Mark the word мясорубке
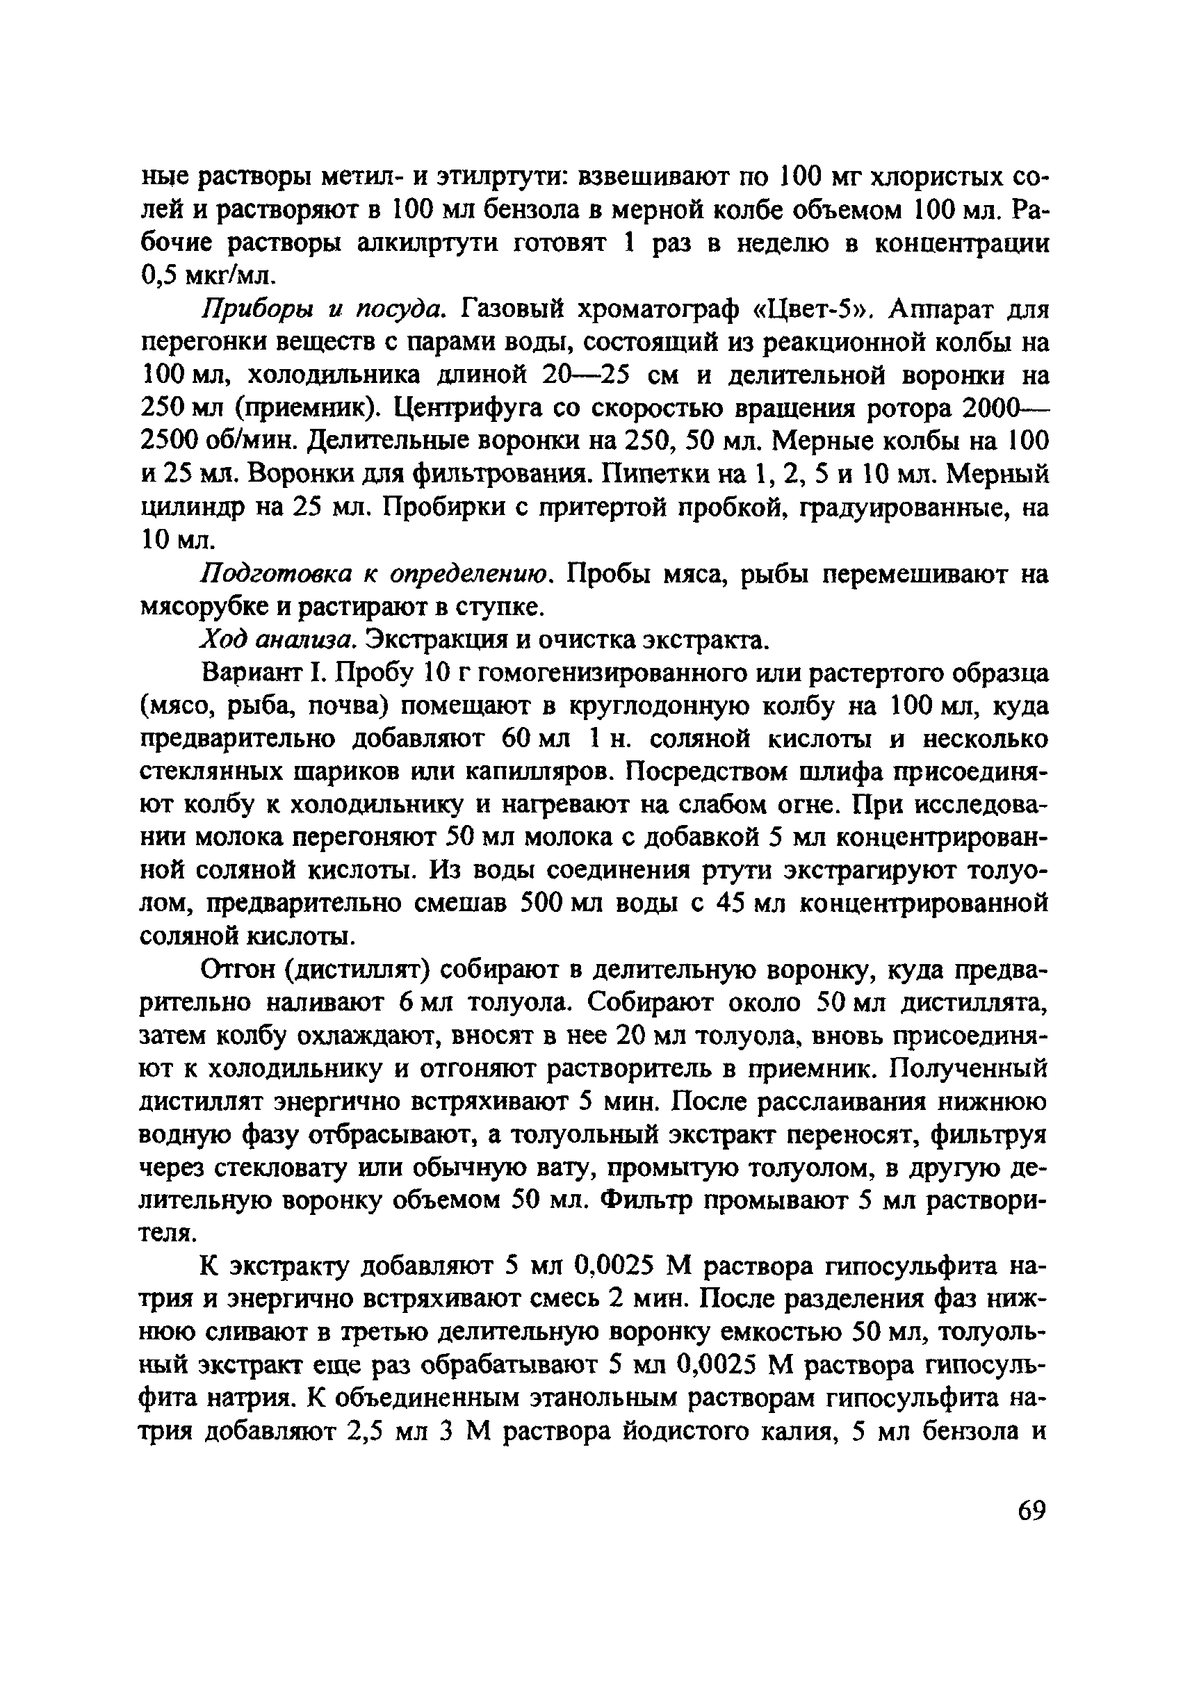[208, 607]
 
